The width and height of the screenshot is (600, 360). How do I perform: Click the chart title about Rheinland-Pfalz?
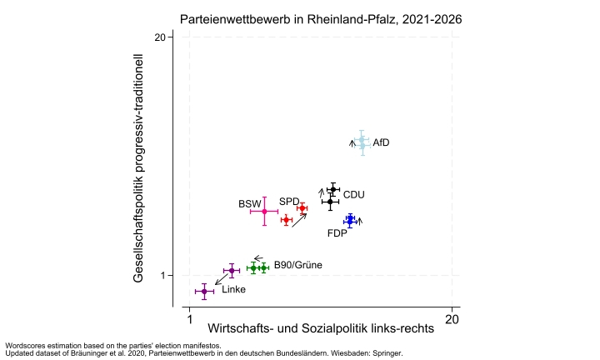321,18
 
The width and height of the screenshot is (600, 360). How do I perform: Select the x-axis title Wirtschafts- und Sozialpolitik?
320,328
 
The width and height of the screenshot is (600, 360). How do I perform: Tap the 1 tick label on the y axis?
166,276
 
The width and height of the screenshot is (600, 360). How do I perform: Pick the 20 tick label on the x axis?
452,317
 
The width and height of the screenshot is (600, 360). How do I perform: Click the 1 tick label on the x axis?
190,317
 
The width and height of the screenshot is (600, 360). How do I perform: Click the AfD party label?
381,142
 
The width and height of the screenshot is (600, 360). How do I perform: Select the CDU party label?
353,194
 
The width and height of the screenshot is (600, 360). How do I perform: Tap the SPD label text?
288,201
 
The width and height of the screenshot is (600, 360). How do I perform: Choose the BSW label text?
249,204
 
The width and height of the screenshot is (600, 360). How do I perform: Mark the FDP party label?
337,233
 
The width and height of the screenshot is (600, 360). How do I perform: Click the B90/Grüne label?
297,265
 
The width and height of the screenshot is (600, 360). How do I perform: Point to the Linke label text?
233,289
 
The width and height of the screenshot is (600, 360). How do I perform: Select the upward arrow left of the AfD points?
352,142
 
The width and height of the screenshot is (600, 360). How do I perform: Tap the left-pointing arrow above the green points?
259,257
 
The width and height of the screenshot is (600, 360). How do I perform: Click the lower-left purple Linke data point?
204,292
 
